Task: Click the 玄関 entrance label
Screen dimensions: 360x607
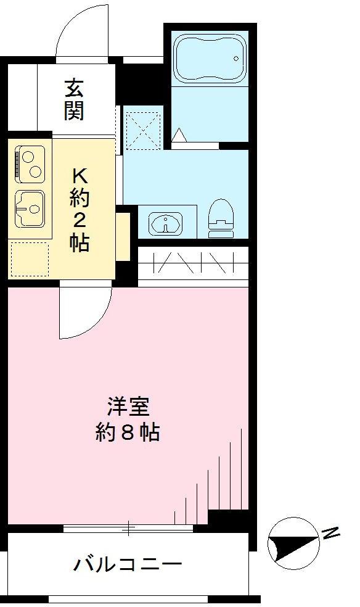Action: [x=74, y=99]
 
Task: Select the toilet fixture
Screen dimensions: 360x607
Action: [x=221, y=218]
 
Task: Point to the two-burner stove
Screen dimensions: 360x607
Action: [x=30, y=164]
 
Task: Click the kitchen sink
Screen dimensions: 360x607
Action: [x=30, y=209]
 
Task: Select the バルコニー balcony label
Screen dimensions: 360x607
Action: [x=128, y=565]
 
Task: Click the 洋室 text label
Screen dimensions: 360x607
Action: [x=128, y=406]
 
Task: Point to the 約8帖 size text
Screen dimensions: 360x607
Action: [x=128, y=432]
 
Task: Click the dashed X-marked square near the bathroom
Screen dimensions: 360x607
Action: [x=144, y=130]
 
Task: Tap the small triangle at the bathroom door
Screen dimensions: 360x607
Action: [x=179, y=135]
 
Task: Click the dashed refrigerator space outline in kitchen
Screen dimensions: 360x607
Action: [x=30, y=259]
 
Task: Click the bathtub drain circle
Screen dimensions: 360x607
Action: [x=236, y=59]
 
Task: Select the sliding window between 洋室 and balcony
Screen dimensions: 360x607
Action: [x=128, y=528]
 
